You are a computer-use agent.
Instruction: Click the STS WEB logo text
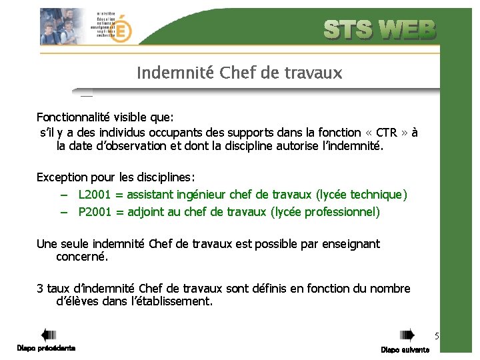[x=379, y=30]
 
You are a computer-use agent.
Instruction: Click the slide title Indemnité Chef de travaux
[x=239, y=73]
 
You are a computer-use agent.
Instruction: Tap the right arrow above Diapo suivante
[x=406, y=335]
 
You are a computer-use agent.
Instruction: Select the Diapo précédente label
[x=46, y=348]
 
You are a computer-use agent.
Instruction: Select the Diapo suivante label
[x=405, y=349]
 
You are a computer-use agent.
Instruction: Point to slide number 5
[x=437, y=335]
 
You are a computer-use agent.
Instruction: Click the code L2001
[x=94, y=195]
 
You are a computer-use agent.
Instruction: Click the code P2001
[x=94, y=212]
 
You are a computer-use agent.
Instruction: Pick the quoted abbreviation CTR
[x=387, y=132]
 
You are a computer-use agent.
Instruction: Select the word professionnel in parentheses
[x=343, y=212]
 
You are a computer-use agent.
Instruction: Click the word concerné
[x=82, y=257]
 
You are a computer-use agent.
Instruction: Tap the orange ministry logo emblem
[x=122, y=29]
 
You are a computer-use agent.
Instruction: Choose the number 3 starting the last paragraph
[x=40, y=289]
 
